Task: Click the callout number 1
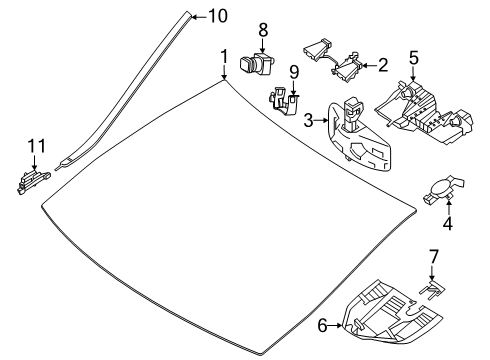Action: pos(224,56)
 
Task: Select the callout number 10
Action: pos(218,16)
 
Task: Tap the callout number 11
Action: pos(36,146)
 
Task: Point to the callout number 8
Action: pos(263,30)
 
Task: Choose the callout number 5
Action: pos(413,58)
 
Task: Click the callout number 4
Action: pos(448,223)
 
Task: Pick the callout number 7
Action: pos(433,257)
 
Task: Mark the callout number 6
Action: pos(322,325)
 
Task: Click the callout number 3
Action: pos(308,120)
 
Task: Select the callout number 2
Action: pos(383,65)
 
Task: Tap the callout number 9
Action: pos(294,72)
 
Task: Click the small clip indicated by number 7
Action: pos(433,289)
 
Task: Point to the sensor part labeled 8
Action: pos(257,63)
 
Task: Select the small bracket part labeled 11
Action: pos(33,181)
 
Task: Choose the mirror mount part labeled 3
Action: pos(358,138)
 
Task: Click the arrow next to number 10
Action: pos(200,16)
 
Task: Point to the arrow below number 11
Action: pos(34,162)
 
